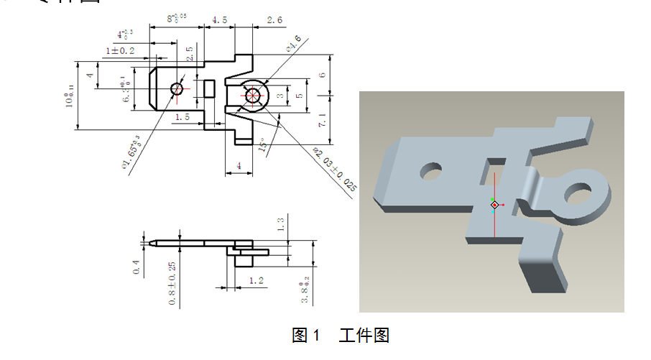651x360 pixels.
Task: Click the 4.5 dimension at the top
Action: click(220, 21)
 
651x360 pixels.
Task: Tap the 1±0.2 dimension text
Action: click(121, 51)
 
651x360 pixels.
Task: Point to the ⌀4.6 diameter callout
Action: click(293, 48)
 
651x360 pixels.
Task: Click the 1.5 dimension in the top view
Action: click(181, 116)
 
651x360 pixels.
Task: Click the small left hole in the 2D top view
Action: click(177, 89)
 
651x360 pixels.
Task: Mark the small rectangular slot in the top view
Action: click(209, 89)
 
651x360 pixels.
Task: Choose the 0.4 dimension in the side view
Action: click(136, 267)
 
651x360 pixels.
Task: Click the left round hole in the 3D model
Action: click(430, 172)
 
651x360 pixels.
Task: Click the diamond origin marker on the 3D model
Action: click(494, 206)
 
